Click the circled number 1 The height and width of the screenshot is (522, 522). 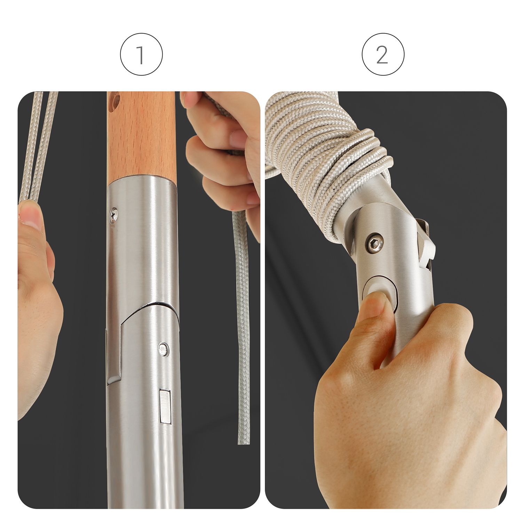pyautogui.click(x=141, y=55)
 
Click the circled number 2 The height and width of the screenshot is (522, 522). pyautogui.click(x=383, y=55)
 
